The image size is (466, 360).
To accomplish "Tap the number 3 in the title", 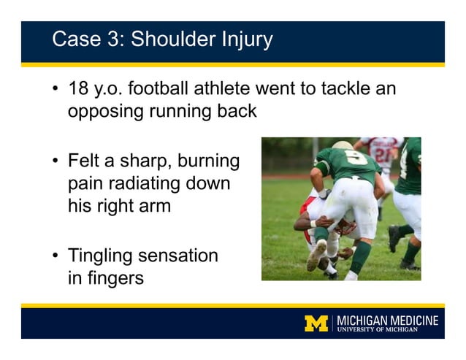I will click(x=116, y=39).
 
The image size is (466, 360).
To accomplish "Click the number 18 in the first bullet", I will click(x=78, y=90).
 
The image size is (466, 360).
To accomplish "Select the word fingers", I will click(x=115, y=278).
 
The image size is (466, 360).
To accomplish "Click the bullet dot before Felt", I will click(x=56, y=161).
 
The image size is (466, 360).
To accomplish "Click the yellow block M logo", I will click(x=316, y=323).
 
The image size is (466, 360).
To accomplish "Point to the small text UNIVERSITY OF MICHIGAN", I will click(x=387, y=329).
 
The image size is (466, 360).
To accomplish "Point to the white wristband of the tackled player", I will click(x=313, y=223).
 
